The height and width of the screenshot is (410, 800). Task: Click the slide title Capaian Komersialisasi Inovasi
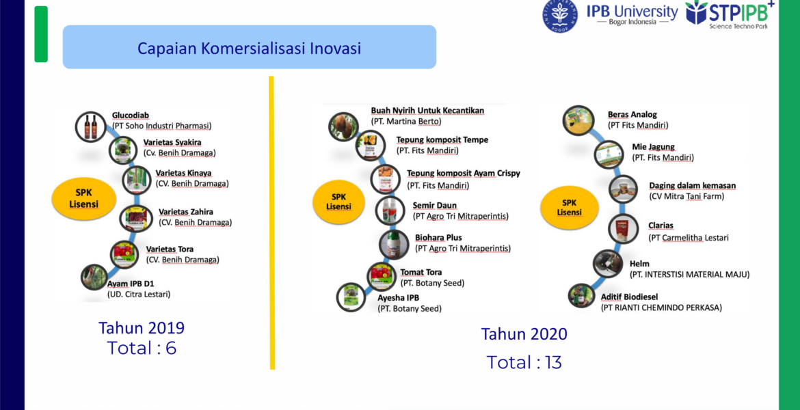(x=249, y=48)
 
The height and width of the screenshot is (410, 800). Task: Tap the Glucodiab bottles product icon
(x=91, y=126)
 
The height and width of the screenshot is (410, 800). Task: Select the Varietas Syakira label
(x=172, y=142)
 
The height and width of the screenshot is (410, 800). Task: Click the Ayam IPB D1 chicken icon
(x=94, y=277)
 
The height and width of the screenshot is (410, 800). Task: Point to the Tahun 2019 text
(x=142, y=327)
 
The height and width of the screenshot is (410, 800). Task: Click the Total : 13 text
(x=524, y=362)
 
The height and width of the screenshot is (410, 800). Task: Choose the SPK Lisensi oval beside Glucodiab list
(x=83, y=198)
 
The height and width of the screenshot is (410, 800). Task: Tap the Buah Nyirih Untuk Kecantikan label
(x=427, y=111)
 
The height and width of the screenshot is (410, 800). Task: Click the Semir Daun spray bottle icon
(x=390, y=210)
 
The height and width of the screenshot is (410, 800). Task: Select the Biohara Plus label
(x=438, y=238)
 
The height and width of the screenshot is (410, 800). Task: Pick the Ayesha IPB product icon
(x=351, y=297)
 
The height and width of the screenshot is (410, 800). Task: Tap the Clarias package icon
(x=623, y=228)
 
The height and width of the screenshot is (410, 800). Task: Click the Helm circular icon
(x=608, y=264)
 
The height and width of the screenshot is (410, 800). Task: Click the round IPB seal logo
(x=560, y=16)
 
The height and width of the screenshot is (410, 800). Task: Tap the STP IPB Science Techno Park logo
(x=730, y=14)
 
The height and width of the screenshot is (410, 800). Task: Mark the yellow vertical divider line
(x=272, y=222)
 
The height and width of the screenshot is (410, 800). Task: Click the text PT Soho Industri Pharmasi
(x=162, y=126)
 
